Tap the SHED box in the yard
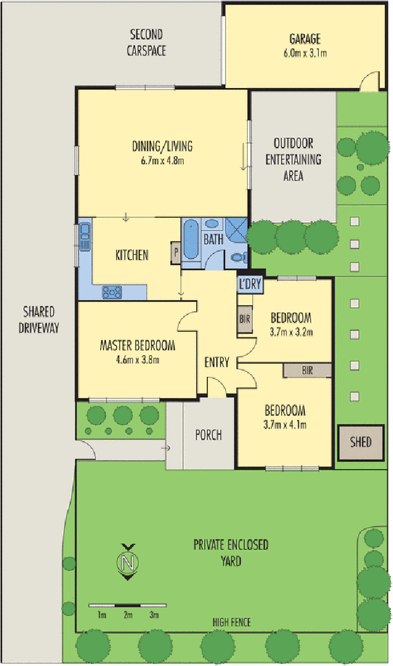[361, 442]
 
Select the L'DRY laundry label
[249, 284]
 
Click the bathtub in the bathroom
[190, 240]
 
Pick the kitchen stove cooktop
[112, 292]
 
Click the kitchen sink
[85, 237]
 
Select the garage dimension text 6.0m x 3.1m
[305, 53]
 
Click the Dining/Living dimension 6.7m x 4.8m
[162, 160]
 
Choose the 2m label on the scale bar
[128, 615]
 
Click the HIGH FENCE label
[231, 622]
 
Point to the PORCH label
[208, 435]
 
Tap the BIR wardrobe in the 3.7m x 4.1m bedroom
[307, 370]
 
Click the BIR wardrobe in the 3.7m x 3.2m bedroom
[245, 319]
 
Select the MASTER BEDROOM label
[137, 345]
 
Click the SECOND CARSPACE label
[146, 42]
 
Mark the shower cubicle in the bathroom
[236, 230]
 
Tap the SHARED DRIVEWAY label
[39, 320]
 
